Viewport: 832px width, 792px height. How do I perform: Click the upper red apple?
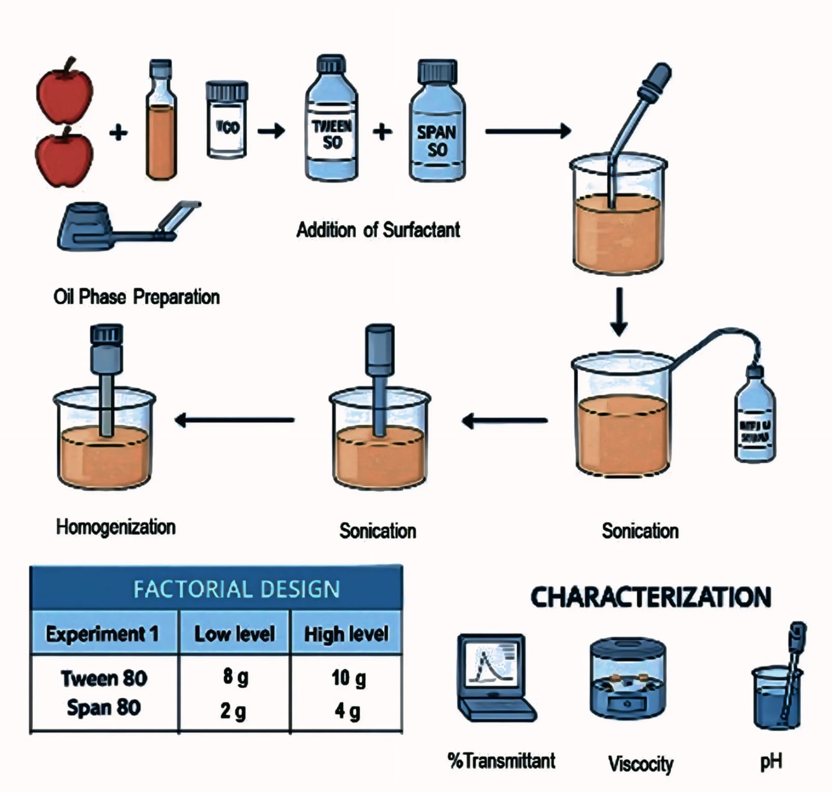click(64, 93)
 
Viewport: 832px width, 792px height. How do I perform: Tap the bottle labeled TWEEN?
click(331, 125)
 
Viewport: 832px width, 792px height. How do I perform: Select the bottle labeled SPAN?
click(437, 127)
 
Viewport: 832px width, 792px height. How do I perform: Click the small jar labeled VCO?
click(227, 121)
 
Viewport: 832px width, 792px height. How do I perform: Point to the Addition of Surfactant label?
click(378, 230)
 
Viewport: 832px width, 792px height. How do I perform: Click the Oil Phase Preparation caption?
click(136, 297)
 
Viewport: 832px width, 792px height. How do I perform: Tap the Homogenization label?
click(115, 527)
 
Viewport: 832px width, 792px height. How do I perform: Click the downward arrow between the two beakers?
click(619, 312)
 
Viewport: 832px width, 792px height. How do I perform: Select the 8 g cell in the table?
click(235, 677)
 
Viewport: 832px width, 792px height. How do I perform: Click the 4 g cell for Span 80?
click(347, 711)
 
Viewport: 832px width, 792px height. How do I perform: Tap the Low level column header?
click(235, 634)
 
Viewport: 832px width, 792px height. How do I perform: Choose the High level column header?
click(346, 634)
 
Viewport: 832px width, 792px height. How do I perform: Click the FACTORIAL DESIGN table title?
click(237, 589)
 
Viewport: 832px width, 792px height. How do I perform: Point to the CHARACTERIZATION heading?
click(651, 597)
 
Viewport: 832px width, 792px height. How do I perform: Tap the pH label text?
click(771, 761)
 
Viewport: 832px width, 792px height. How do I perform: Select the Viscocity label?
click(641, 763)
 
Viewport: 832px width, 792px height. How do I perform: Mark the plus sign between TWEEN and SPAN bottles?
click(382, 132)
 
